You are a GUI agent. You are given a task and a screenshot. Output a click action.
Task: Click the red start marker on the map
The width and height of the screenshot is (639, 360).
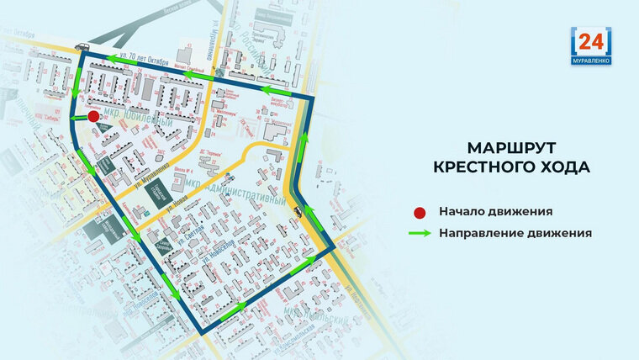click(93, 117)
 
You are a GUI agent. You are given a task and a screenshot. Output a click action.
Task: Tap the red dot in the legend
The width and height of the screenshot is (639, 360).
click(420, 211)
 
